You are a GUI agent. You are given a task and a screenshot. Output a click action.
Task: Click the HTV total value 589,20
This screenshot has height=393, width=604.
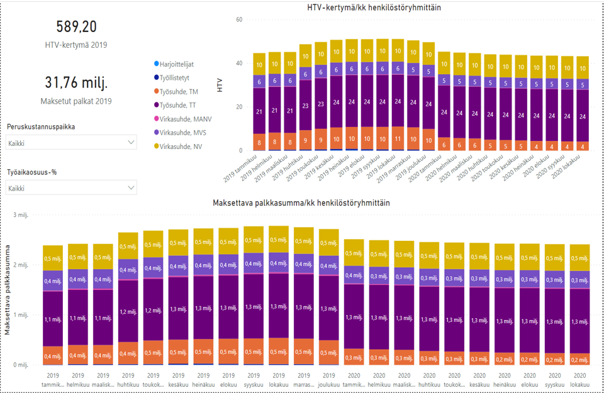pyautogui.click(x=77, y=26)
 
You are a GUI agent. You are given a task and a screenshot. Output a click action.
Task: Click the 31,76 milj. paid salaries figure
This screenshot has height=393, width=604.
pyautogui.click(x=77, y=83)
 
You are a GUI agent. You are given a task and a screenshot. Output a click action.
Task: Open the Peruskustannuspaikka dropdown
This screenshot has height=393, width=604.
pyautogui.click(x=71, y=143)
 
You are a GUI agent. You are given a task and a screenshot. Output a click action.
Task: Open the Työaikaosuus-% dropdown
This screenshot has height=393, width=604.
pyautogui.click(x=71, y=187)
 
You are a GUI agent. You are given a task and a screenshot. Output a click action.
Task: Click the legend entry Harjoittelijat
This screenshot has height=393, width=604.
pyautogui.click(x=176, y=64)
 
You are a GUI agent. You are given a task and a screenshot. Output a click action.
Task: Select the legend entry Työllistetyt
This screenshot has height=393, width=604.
pyautogui.click(x=175, y=78)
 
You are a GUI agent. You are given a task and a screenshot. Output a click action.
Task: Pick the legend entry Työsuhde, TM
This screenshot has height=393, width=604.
pyautogui.click(x=179, y=92)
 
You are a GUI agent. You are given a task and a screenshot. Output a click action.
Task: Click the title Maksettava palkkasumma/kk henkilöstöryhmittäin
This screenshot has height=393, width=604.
pyautogui.click(x=301, y=203)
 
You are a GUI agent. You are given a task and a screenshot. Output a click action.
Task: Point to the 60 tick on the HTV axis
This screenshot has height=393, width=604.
pyautogui.click(x=239, y=20)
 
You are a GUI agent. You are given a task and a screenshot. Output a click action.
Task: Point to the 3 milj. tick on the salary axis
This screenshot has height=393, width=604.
pyautogui.click(x=21, y=215)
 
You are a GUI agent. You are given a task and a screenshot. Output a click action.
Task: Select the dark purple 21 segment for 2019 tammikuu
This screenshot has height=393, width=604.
pyautogui.click(x=259, y=111)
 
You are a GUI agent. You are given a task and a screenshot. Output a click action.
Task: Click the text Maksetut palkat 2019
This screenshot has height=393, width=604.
pyautogui.click(x=77, y=101)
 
